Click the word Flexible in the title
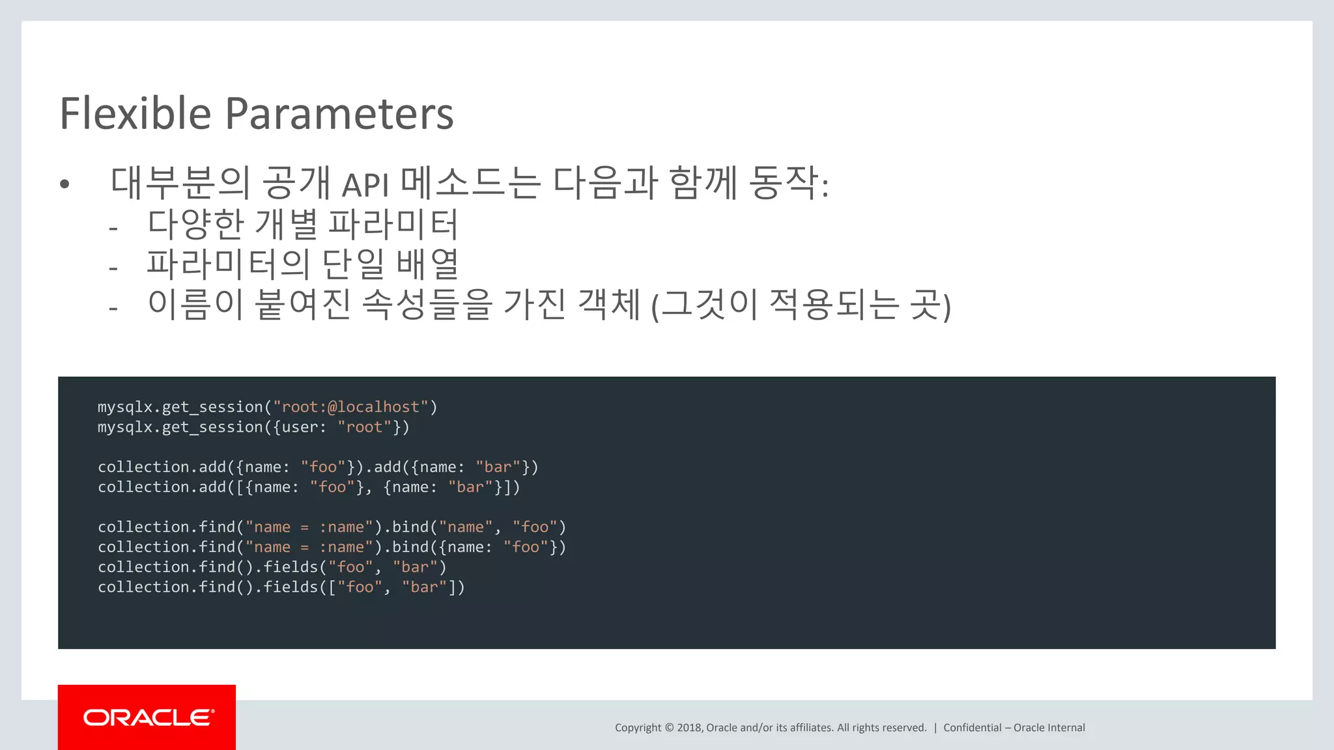tap(135, 114)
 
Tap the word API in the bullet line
tap(365, 185)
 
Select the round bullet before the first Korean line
tap(64, 185)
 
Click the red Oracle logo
tap(147, 717)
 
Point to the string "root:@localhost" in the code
tap(350, 407)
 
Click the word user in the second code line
tap(300, 427)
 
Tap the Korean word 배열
tap(427, 264)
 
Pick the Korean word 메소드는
tap(470, 182)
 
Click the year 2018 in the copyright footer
tap(689, 728)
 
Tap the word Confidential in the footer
tap(972, 728)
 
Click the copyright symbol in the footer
tap(669, 728)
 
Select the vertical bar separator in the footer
tap(935, 728)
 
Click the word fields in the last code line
tap(291, 587)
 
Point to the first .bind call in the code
tap(410, 527)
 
